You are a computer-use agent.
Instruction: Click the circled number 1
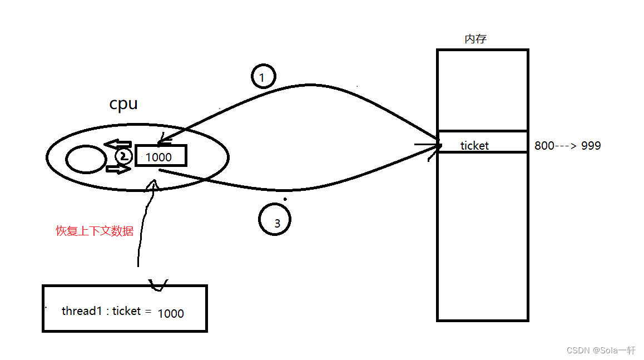264,77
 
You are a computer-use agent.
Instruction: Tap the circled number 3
275,220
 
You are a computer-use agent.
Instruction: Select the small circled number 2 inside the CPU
124,156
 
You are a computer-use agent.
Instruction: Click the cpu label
123,104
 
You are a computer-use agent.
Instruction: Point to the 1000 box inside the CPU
160,156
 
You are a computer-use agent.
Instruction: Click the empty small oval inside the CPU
86,160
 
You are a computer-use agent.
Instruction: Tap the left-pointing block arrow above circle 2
118,145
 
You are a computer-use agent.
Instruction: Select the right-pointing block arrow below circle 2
118,168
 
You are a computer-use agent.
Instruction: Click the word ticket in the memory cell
474,146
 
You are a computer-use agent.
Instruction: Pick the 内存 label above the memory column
476,39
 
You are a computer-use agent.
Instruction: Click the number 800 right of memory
544,146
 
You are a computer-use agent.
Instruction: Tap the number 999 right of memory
591,146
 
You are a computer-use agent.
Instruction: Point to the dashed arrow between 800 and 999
567,146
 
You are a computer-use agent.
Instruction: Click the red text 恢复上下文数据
95,231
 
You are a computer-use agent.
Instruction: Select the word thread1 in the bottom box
80,311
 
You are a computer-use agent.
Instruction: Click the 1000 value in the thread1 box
171,313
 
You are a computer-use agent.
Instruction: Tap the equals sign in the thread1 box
148,312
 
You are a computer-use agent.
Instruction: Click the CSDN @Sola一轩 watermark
601,350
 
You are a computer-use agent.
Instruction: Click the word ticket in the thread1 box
127,311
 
